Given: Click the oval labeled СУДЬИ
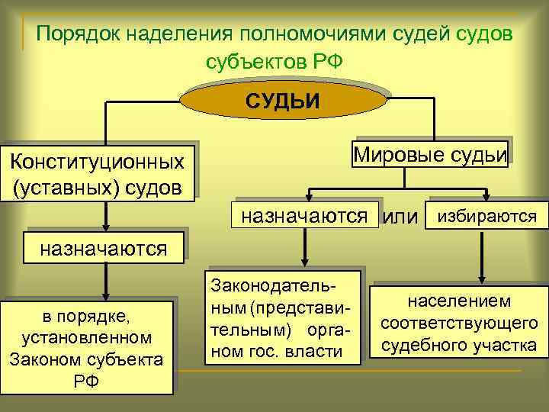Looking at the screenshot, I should tap(282, 100).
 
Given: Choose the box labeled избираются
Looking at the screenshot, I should tap(485, 217).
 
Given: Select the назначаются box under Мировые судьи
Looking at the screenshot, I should tap(310, 216).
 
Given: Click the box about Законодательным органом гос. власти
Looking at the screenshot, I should tap(281, 316).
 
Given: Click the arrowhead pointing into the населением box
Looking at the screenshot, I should tap(482, 280).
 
